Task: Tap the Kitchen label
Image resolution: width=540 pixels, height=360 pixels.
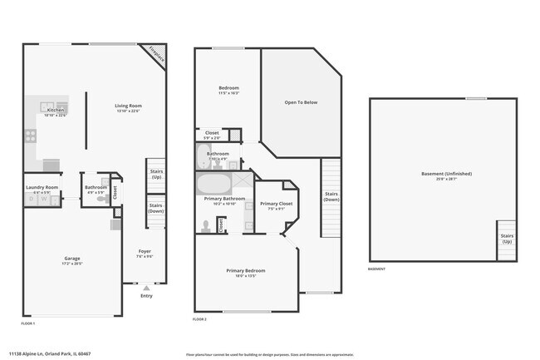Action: pyautogui.click(x=56, y=111)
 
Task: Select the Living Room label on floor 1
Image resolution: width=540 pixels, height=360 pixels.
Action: pyautogui.click(x=129, y=106)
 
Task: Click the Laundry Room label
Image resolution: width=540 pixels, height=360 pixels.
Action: pyautogui.click(x=41, y=188)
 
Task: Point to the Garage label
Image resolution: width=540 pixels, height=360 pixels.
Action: pyautogui.click(x=72, y=259)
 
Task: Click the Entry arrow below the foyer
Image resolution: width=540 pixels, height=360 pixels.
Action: pyautogui.click(x=146, y=288)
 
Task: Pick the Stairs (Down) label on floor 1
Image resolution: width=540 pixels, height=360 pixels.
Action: pyautogui.click(x=155, y=206)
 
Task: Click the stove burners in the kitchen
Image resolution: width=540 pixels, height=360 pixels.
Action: pyautogui.click(x=31, y=135)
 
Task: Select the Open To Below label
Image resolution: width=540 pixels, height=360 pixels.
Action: pyautogui.click(x=301, y=102)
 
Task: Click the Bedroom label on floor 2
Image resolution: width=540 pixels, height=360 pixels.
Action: pyautogui.click(x=228, y=89)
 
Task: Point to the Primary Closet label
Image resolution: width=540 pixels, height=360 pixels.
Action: pyautogui.click(x=275, y=205)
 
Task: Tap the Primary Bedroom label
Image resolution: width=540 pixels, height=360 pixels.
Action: pyautogui.click(x=246, y=271)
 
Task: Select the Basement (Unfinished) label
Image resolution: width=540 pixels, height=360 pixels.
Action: pyautogui.click(x=446, y=175)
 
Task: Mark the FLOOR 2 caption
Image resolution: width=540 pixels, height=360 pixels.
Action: pyautogui.click(x=199, y=319)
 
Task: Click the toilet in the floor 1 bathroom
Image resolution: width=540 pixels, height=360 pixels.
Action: pyautogui.click(x=102, y=198)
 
